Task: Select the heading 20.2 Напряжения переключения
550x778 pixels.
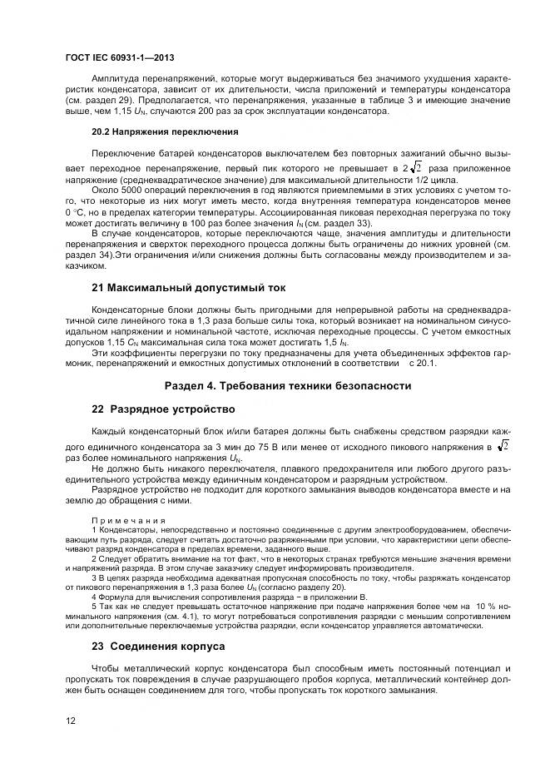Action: click(x=165, y=131)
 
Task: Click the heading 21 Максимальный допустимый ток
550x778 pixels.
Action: click(x=188, y=287)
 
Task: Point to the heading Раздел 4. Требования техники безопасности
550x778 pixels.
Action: click(x=287, y=386)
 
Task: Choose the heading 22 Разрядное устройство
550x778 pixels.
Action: click(x=163, y=409)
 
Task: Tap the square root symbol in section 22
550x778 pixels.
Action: click(x=502, y=446)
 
